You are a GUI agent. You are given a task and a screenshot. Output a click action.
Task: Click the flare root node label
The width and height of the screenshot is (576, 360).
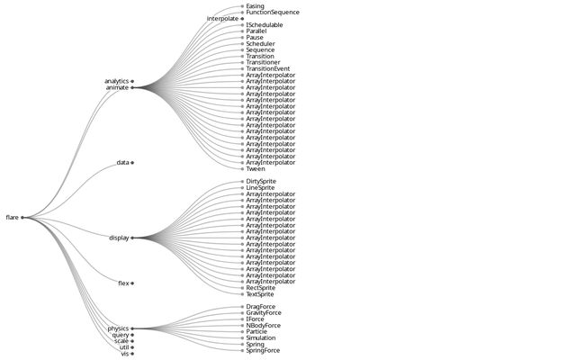[x=12, y=217]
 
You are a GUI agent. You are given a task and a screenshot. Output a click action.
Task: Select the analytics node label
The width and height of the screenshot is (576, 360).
[x=116, y=81]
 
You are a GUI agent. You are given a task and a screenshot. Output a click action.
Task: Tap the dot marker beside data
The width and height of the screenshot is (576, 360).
[x=132, y=163]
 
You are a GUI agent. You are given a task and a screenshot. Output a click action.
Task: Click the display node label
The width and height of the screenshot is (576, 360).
[x=119, y=238]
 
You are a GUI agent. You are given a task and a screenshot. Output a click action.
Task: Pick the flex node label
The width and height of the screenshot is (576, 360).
[x=123, y=283]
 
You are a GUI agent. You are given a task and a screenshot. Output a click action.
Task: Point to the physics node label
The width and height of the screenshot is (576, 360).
[x=118, y=328]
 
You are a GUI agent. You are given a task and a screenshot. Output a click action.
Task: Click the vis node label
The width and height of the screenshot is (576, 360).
[x=124, y=354]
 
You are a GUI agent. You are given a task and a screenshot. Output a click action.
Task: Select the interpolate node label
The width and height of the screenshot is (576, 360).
[x=222, y=18]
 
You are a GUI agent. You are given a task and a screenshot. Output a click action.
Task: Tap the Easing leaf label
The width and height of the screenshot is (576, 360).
[x=255, y=5]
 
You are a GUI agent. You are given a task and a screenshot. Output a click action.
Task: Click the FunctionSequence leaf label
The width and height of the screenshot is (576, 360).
[x=273, y=12]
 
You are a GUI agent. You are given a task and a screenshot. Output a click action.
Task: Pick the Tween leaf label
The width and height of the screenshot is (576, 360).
[x=255, y=168]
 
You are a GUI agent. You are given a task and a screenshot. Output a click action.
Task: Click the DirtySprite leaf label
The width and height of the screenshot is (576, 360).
[x=261, y=181]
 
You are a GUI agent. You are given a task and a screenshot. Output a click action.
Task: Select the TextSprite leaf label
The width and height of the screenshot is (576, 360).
[x=260, y=294]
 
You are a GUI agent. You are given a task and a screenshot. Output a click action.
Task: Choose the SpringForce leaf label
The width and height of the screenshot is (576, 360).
[x=263, y=350]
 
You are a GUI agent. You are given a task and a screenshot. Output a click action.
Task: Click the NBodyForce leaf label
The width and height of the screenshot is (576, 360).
[x=263, y=325]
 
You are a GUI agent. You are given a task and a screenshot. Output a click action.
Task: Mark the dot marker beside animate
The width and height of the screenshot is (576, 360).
[x=132, y=87]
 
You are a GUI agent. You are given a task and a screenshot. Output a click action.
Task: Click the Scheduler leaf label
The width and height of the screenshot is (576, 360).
[x=260, y=43]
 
